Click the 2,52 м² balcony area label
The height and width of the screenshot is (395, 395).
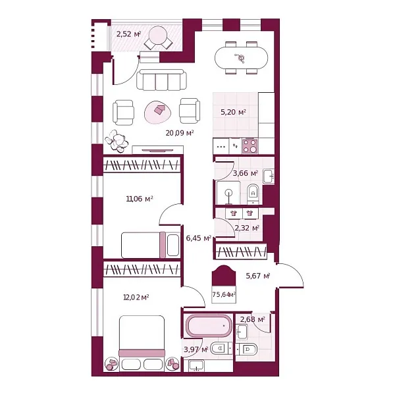(128, 34)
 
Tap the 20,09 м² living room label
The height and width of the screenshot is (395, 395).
(180, 133)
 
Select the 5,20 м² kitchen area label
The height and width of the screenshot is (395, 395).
(233, 112)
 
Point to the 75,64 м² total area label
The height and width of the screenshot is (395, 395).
(224, 294)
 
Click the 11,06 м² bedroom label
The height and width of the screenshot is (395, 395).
(140, 199)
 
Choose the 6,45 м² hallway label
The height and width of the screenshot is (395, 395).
(199, 238)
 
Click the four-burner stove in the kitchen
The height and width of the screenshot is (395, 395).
(250, 146)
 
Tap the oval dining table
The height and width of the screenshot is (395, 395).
(241, 58)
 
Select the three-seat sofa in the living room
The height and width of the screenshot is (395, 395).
(161, 80)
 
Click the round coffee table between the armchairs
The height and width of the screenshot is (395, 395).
(159, 112)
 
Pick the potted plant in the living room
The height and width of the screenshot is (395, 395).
(117, 141)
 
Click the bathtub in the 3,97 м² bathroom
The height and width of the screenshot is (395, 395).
(209, 325)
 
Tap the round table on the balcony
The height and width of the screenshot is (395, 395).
(157, 36)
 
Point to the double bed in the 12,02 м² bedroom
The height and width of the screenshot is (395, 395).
(142, 343)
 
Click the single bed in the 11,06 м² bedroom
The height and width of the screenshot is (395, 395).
(150, 245)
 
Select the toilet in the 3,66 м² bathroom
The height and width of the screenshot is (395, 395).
(253, 194)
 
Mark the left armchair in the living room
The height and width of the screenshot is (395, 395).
(123, 113)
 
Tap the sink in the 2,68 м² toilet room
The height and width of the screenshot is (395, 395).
(242, 332)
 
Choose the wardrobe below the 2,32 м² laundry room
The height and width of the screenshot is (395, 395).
(242, 251)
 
